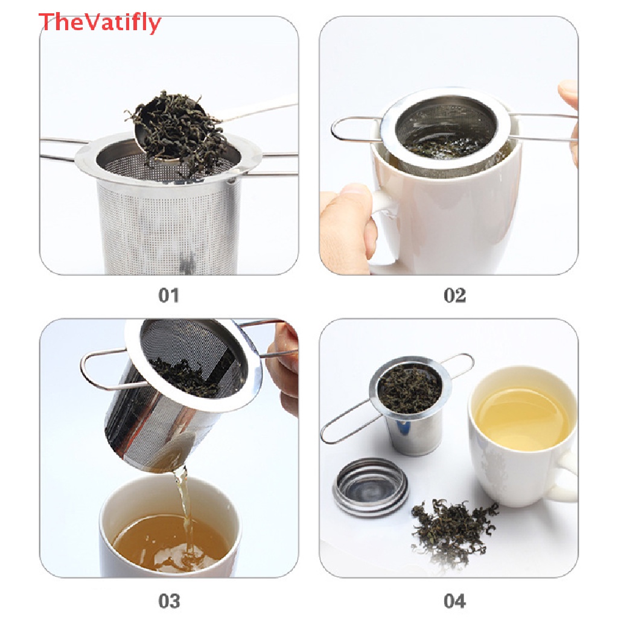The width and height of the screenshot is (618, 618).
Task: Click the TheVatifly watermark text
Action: (100, 22)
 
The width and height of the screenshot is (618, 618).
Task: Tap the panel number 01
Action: (169, 295)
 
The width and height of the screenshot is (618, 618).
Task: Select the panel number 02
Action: (454, 295)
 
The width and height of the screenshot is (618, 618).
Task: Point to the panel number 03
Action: (169, 602)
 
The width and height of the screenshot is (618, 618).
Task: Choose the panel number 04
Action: (454, 602)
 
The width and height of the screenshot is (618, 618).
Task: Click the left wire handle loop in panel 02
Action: (355, 129)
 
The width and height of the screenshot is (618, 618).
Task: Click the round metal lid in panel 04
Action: (371, 487)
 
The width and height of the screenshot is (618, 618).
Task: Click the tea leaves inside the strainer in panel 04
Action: (410, 388)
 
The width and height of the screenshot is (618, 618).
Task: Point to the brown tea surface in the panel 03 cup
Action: (170, 540)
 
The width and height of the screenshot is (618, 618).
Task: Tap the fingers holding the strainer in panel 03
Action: (283, 366)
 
